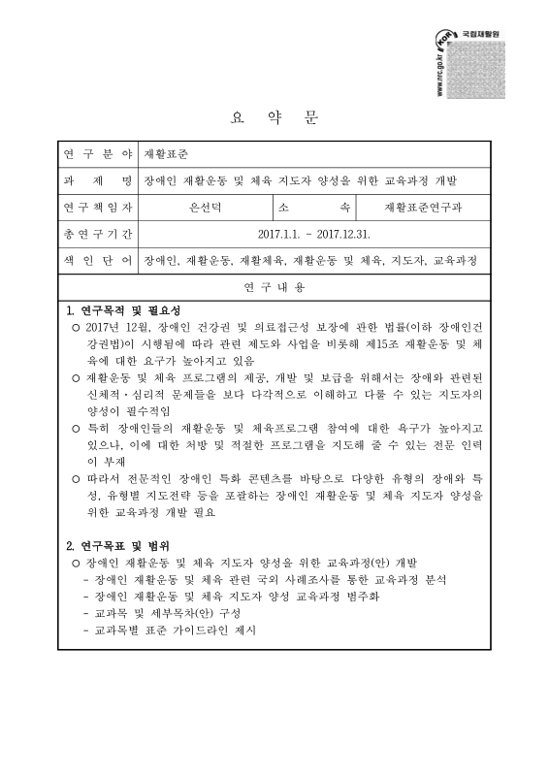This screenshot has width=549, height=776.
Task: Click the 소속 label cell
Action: [314, 208]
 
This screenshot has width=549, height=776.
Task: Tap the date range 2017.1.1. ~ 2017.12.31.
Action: [314, 235]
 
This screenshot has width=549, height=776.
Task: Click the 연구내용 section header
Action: [274, 288]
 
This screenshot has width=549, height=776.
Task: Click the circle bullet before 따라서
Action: [77, 478]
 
